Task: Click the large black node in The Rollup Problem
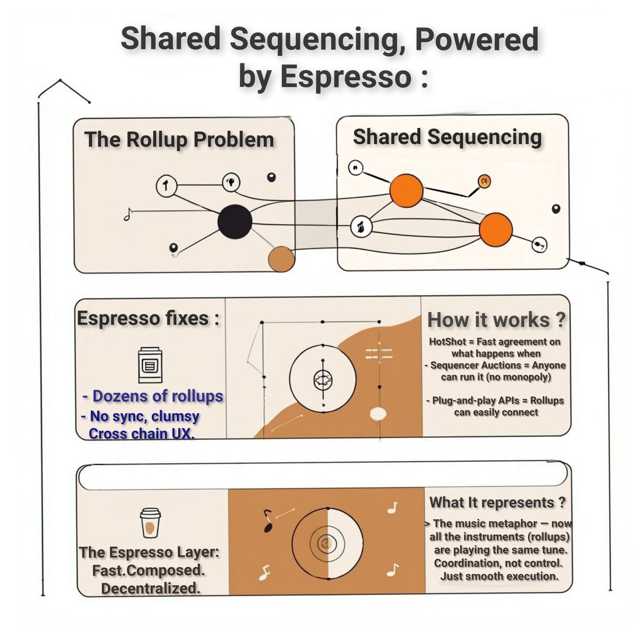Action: [235, 222]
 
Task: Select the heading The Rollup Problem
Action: [179, 140]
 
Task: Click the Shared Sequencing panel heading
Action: [447, 137]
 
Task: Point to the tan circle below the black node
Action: [281, 259]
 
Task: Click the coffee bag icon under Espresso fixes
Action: [150, 365]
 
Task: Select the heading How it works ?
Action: [496, 320]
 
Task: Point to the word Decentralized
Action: [151, 588]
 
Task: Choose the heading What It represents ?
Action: [497, 502]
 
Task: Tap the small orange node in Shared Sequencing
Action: [484, 181]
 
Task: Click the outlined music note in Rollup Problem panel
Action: [128, 214]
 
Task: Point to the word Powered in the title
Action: [477, 39]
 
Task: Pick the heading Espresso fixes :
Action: [148, 318]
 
